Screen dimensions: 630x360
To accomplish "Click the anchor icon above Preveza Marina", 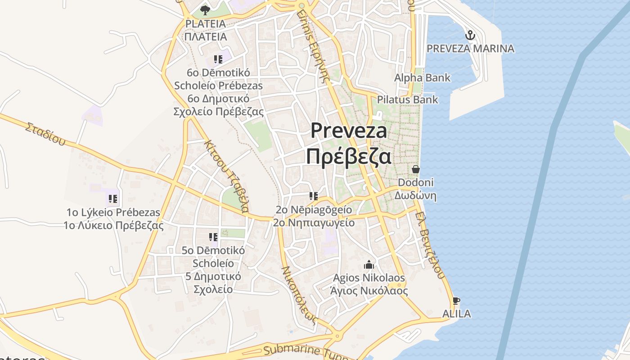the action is pyautogui.click(x=470, y=35).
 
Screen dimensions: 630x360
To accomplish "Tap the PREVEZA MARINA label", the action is pyautogui.click(x=470, y=49).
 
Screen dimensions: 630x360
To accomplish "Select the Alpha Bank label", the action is pyautogui.click(x=422, y=78).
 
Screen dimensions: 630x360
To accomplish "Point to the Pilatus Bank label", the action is pyautogui.click(x=407, y=99).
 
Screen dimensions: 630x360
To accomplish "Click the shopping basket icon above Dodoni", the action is pyautogui.click(x=415, y=170).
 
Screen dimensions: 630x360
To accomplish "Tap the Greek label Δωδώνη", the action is pyautogui.click(x=415, y=196).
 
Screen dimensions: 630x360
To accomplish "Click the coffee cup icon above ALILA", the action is pyautogui.click(x=456, y=301).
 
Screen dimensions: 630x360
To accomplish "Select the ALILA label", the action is pyautogui.click(x=456, y=314).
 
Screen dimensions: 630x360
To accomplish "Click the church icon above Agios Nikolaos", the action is pyautogui.click(x=369, y=265).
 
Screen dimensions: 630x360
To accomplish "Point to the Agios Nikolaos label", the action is pyautogui.click(x=369, y=278).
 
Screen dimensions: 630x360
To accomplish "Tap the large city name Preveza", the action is pyautogui.click(x=349, y=131).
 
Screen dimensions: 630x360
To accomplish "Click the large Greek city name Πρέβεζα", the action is pyautogui.click(x=348, y=157).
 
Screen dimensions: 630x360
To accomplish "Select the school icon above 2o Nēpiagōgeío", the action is pyautogui.click(x=313, y=196).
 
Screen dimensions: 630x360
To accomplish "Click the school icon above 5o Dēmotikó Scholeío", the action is pyautogui.click(x=213, y=237).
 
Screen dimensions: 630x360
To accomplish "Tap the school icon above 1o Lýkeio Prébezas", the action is pyautogui.click(x=113, y=198).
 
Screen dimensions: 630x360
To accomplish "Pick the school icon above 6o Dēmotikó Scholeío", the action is pyautogui.click(x=218, y=59).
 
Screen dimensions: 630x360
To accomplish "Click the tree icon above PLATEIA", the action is pyautogui.click(x=205, y=10).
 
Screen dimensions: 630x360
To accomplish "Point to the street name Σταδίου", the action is pyautogui.click(x=45, y=134).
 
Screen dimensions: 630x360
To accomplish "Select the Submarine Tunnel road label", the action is pyautogui.click(x=306, y=352).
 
